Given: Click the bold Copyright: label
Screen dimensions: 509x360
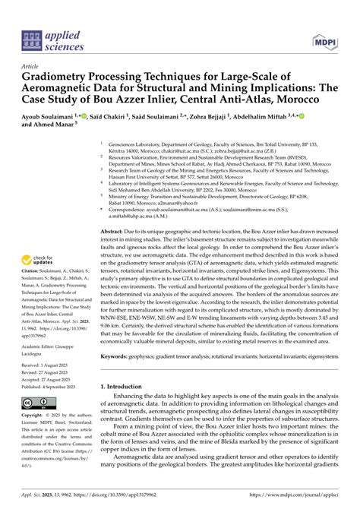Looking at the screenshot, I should (38, 417).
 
